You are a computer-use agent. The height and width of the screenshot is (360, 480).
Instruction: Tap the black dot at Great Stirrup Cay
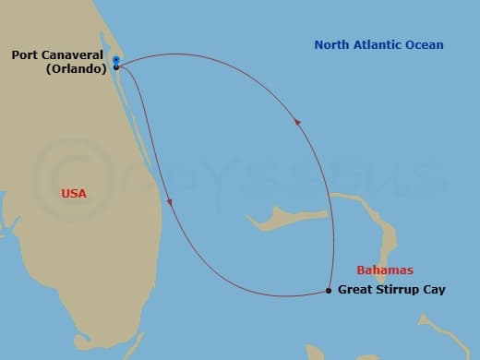(x=330, y=291)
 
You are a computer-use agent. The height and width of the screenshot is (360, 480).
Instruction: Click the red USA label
(x=74, y=194)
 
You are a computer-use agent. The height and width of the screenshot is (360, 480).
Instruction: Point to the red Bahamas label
(x=384, y=270)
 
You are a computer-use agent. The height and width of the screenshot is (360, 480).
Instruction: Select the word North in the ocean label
(x=332, y=44)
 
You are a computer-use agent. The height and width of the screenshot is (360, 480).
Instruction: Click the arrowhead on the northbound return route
(x=295, y=121)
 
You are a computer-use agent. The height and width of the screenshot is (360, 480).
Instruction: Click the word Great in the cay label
(x=356, y=290)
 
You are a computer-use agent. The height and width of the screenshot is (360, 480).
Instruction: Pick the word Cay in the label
(x=434, y=290)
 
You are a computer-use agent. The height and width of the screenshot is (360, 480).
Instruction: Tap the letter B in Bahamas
(x=361, y=270)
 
